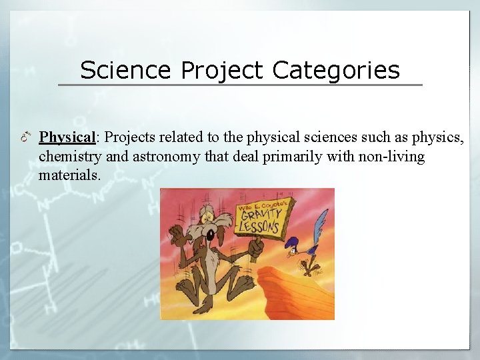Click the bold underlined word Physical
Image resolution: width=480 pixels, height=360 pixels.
point(68,137)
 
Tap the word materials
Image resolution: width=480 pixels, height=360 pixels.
point(70,175)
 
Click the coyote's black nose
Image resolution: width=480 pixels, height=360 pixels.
point(211,235)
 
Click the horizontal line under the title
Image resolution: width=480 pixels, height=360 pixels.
point(240,85)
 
